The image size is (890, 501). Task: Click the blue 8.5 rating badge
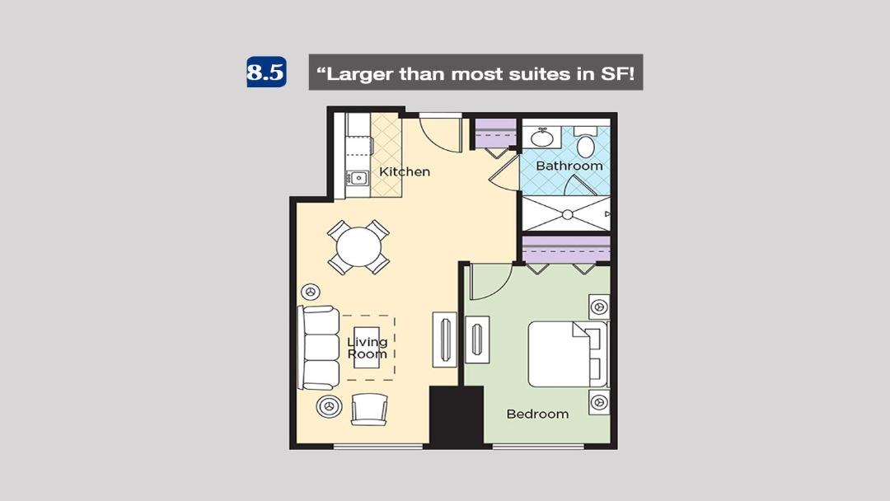266,72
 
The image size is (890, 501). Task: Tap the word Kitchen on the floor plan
404,171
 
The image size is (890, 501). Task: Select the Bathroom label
569,166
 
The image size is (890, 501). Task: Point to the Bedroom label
537,414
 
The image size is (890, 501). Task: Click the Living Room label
368,348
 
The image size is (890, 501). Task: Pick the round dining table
358,247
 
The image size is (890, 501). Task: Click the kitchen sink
358,178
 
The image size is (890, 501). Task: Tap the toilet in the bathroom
585,143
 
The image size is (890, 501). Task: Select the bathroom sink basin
542,138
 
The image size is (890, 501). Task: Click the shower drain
567,214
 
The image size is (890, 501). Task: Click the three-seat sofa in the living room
318,348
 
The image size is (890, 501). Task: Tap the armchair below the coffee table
369,410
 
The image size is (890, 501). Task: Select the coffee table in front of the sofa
367,347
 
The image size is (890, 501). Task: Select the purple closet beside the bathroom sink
495,133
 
